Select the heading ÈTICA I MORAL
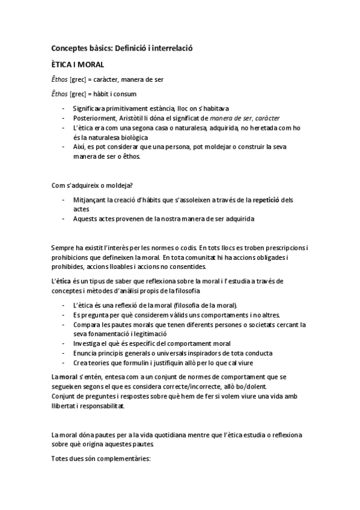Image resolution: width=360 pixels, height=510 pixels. (x=78, y=64)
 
